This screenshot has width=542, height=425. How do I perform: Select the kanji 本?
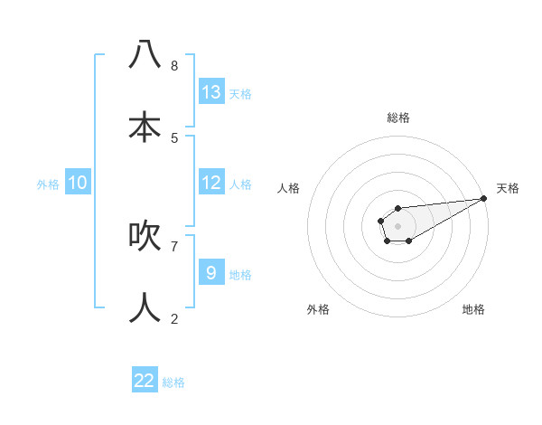click(145, 126)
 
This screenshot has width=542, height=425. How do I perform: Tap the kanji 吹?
click(145, 234)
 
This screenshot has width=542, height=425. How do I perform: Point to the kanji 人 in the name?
click(145, 307)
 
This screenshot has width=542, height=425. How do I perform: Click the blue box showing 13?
click(211, 92)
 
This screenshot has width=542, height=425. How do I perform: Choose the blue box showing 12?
click(211, 183)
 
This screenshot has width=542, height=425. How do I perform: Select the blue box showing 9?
click(211, 273)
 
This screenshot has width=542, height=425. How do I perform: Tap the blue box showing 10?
click(78, 183)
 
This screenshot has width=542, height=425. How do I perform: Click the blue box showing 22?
click(145, 381)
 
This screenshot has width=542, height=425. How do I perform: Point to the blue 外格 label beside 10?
click(48, 184)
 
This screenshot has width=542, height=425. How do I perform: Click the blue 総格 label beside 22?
click(173, 382)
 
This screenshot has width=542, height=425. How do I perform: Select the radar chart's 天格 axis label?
click(508, 188)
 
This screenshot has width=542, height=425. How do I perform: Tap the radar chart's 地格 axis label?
click(473, 309)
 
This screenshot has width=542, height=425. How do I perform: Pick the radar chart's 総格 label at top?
click(398, 118)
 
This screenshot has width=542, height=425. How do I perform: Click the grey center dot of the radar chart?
click(397, 224)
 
